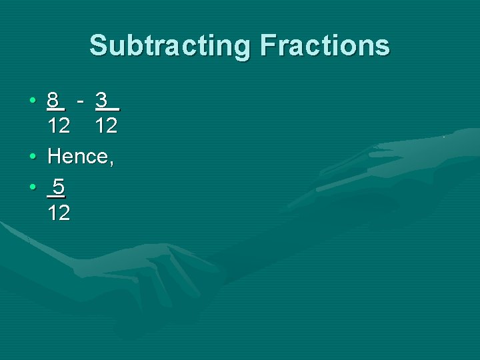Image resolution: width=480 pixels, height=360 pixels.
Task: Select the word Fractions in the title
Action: point(325,46)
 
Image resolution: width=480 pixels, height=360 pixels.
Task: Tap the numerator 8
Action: point(53,101)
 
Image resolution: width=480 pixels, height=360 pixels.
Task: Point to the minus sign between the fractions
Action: point(80,101)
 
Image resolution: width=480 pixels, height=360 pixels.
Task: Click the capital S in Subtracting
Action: point(98,46)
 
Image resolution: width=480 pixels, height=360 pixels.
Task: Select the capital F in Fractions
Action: point(269,46)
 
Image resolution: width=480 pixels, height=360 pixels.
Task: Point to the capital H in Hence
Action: point(55,157)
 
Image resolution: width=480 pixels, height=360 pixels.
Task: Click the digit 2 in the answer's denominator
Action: point(64,213)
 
